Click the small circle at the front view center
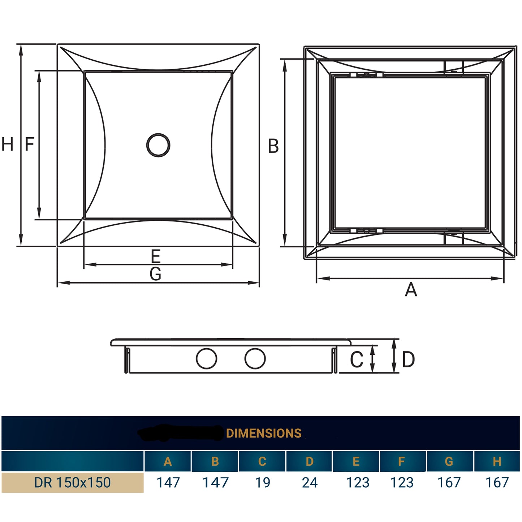(x=158, y=145)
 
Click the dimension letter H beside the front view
(x=8, y=144)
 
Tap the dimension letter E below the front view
(x=155, y=256)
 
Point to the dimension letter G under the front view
(x=155, y=274)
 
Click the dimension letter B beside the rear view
(x=273, y=146)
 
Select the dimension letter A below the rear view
(x=411, y=290)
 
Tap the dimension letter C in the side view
(x=357, y=360)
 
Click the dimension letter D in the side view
(x=408, y=360)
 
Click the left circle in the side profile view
(x=206, y=358)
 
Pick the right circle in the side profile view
(x=255, y=358)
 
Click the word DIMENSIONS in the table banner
(x=264, y=433)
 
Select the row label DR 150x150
(x=72, y=483)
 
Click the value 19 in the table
(x=262, y=483)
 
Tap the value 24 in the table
(x=310, y=483)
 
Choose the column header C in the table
(x=262, y=461)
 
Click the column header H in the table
(x=497, y=461)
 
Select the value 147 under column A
(x=168, y=483)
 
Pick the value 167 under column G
(x=449, y=483)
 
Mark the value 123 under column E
(x=358, y=483)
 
